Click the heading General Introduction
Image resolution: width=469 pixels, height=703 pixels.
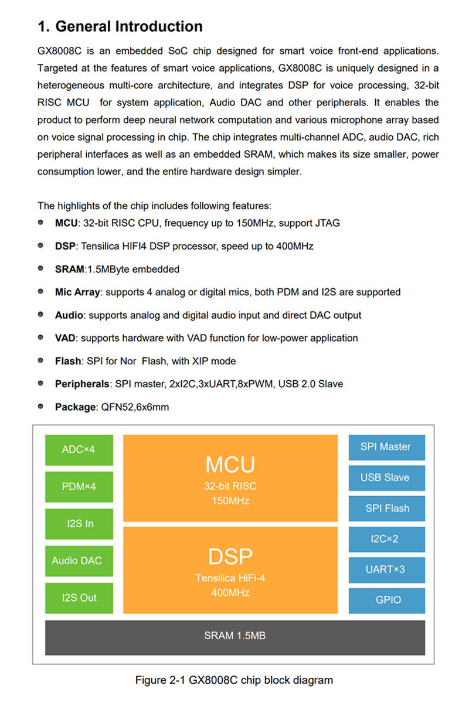(x=120, y=26)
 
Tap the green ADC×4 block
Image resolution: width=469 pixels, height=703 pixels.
(x=79, y=450)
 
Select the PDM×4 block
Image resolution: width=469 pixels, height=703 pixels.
(x=79, y=487)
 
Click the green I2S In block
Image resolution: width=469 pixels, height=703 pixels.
(x=79, y=524)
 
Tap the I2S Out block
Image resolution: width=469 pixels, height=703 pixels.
(x=79, y=598)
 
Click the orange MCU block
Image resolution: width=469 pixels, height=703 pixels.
(x=230, y=478)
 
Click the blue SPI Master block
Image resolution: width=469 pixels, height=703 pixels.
(x=386, y=447)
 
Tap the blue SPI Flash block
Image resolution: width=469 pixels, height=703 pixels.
(x=386, y=509)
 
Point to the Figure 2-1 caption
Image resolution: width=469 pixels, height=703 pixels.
(x=234, y=680)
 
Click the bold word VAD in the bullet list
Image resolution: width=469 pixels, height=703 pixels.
(x=65, y=338)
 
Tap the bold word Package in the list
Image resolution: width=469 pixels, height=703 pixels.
(x=74, y=407)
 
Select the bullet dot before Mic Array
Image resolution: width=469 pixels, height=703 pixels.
(x=41, y=291)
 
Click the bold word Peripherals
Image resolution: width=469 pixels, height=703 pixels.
(x=82, y=384)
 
